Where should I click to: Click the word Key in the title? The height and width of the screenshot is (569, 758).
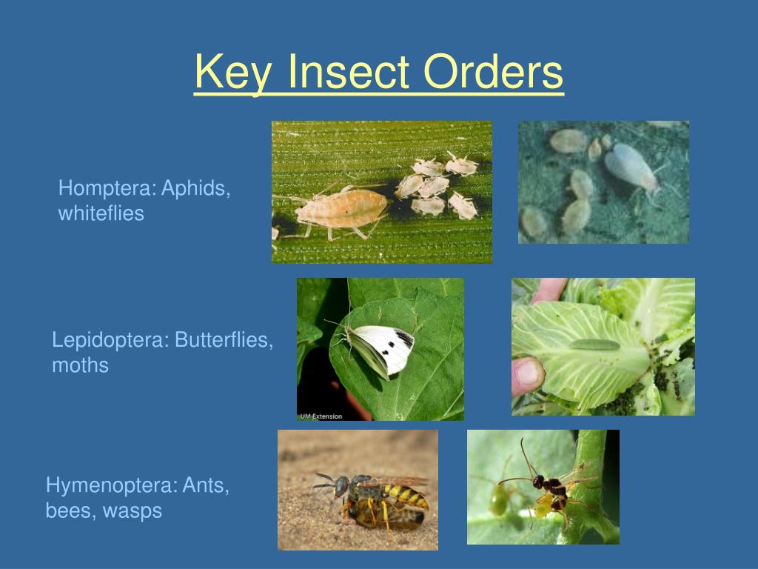(232, 73)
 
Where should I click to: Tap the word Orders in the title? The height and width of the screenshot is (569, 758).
(493, 73)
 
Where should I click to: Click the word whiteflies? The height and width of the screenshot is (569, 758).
(101, 214)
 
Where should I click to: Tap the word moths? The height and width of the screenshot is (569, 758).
(80, 365)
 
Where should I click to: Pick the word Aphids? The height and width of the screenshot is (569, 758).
(197, 188)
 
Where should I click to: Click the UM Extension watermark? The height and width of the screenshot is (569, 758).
(321, 416)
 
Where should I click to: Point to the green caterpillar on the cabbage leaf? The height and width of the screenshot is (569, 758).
(593, 345)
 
